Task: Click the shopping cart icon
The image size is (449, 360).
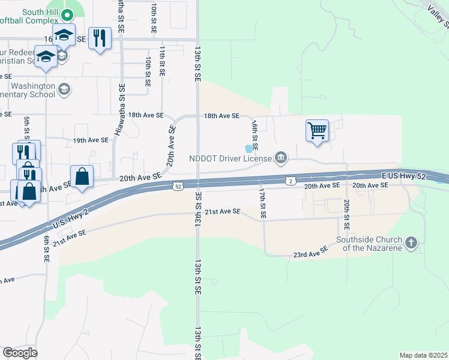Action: (317, 130)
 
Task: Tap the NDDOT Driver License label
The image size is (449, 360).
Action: (230, 159)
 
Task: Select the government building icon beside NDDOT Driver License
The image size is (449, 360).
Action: (280, 158)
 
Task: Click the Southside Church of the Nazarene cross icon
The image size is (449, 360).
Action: (411, 243)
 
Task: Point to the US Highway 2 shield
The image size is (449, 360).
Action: (290, 181)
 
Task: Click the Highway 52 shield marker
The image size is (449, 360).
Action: (179, 187)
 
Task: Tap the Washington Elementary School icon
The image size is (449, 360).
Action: (64, 90)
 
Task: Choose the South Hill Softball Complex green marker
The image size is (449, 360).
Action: (67, 14)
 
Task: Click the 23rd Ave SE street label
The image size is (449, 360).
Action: (310, 254)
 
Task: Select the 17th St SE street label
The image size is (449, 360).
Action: (262, 202)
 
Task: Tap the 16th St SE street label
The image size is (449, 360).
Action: (255, 134)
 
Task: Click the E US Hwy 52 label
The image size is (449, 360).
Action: (409, 176)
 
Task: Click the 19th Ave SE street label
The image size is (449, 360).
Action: (91, 140)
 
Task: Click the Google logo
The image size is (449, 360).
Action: (20, 353)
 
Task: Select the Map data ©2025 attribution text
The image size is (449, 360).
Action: (423, 355)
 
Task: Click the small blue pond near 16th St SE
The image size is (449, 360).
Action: (249, 149)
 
